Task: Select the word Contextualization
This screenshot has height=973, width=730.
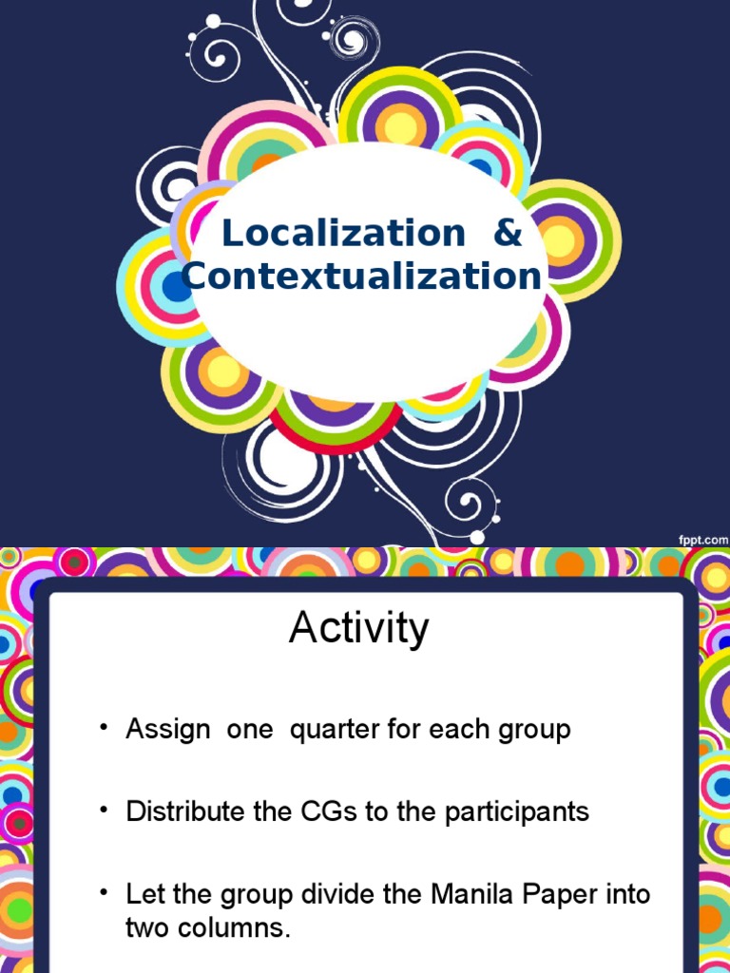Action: point(363,277)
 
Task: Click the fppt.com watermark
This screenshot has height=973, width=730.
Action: point(702,538)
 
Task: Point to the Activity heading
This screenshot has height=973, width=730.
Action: point(359,629)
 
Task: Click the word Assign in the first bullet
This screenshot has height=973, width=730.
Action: point(169,731)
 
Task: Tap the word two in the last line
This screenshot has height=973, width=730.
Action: point(145,928)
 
